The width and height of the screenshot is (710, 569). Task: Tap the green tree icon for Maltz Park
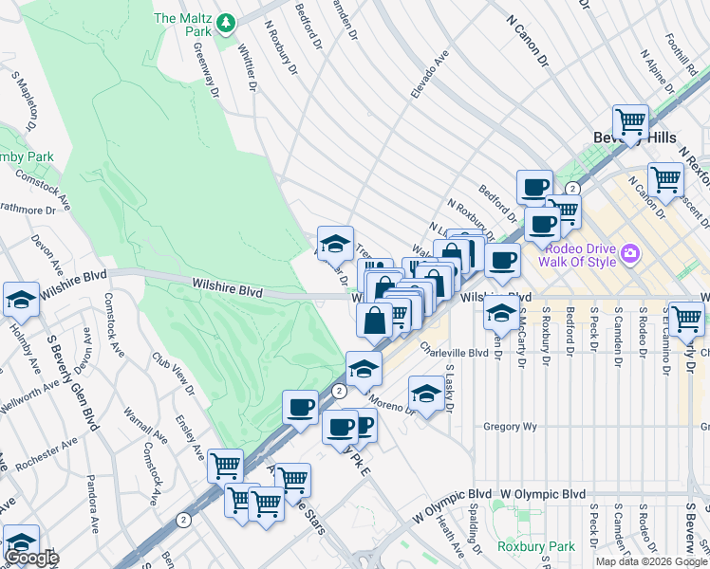(225, 20)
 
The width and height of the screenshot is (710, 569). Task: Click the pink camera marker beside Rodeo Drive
(631, 254)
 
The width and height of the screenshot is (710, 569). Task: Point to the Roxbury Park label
(535, 547)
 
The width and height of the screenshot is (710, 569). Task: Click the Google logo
(31, 558)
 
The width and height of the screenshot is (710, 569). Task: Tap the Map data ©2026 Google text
(651, 561)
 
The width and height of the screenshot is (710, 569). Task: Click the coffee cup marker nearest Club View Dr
(301, 408)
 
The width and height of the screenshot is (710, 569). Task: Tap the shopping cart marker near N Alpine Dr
(630, 122)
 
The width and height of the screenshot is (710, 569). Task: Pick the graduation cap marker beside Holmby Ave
(21, 300)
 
